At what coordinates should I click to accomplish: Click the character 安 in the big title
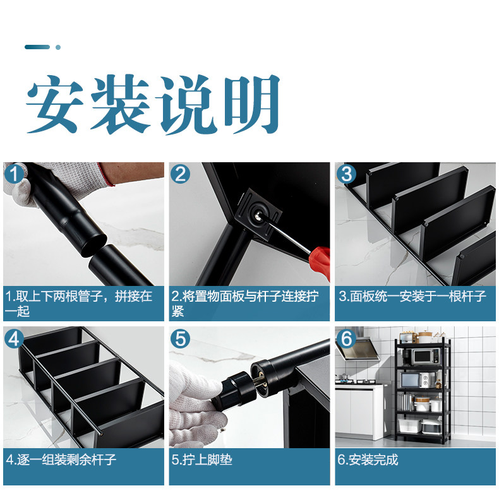(x=55, y=104)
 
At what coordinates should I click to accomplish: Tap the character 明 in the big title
(x=251, y=104)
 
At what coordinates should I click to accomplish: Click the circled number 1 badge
(x=15, y=174)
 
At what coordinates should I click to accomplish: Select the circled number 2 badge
(x=180, y=174)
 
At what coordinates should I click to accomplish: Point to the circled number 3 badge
(x=346, y=174)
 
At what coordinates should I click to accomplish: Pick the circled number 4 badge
(x=15, y=339)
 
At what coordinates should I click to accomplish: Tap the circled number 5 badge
(x=180, y=339)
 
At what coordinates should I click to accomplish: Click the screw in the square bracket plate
(x=257, y=217)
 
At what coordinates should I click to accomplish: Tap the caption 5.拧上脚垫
(x=201, y=460)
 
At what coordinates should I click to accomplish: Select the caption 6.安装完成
(x=368, y=460)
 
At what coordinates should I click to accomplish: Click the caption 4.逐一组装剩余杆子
(x=61, y=460)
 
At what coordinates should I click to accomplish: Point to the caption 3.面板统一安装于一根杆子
(x=412, y=296)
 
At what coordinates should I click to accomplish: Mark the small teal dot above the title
(x=58, y=47)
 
